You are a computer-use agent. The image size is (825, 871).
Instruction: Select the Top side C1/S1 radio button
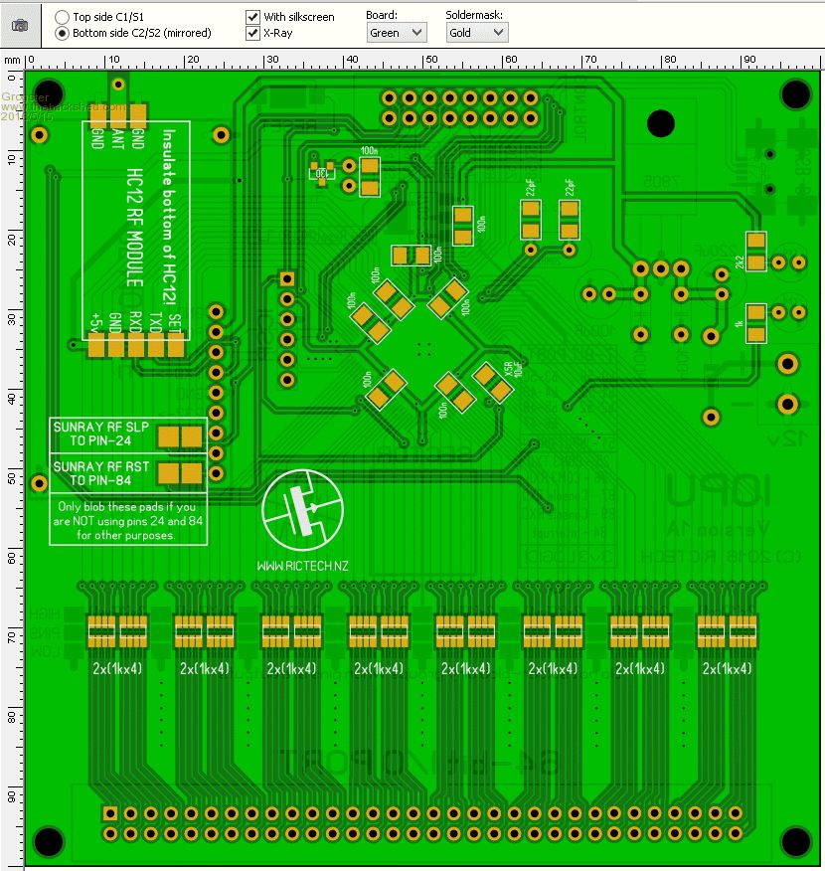click(x=62, y=17)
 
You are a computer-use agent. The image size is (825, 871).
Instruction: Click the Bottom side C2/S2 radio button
click(x=62, y=33)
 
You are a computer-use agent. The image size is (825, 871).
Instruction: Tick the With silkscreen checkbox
click(x=253, y=17)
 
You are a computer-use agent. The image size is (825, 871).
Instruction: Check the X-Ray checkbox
click(x=253, y=33)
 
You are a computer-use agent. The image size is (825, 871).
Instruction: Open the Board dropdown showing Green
click(x=397, y=33)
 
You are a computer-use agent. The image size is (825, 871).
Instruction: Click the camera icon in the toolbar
click(x=20, y=25)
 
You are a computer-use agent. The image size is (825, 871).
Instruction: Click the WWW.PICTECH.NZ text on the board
click(x=302, y=565)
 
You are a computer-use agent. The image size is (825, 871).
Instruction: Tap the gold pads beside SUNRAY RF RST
click(x=181, y=472)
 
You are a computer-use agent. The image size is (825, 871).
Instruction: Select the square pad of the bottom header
click(x=110, y=812)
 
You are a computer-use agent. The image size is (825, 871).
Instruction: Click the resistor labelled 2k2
click(x=756, y=253)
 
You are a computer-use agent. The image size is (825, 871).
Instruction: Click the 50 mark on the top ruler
click(x=430, y=61)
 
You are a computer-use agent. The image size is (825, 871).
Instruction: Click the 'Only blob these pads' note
click(x=128, y=521)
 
